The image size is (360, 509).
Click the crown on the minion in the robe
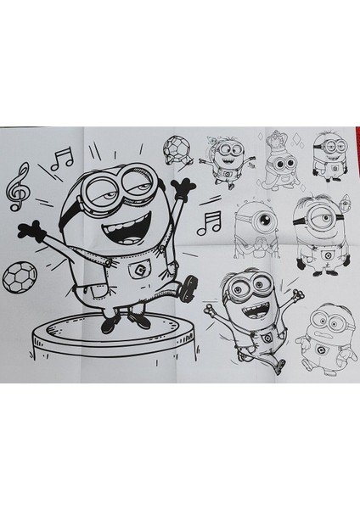276,137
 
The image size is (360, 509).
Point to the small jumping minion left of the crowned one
228,157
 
